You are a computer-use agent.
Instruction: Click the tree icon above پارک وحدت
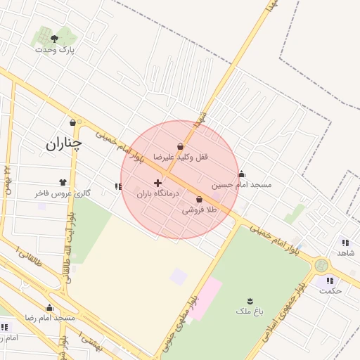click(x=55, y=39)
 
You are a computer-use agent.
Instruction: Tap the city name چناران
click(x=64, y=143)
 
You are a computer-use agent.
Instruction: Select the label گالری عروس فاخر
click(x=63, y=193)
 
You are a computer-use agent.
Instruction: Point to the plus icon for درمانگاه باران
click(x=157, y=183)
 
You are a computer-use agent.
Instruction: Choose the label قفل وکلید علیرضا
click(x=182, y=157)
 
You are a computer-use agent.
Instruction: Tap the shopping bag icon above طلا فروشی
click(x=200, y=200)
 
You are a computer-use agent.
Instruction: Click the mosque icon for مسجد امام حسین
click(x=241, y=174)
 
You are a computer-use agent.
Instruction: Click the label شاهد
click(x=345, y=252)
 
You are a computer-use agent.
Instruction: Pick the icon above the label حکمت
click(x=330, y=281)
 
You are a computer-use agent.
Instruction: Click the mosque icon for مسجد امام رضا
click(x=49, y=307)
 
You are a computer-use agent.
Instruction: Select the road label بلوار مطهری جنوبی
click(x=179, y=317)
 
